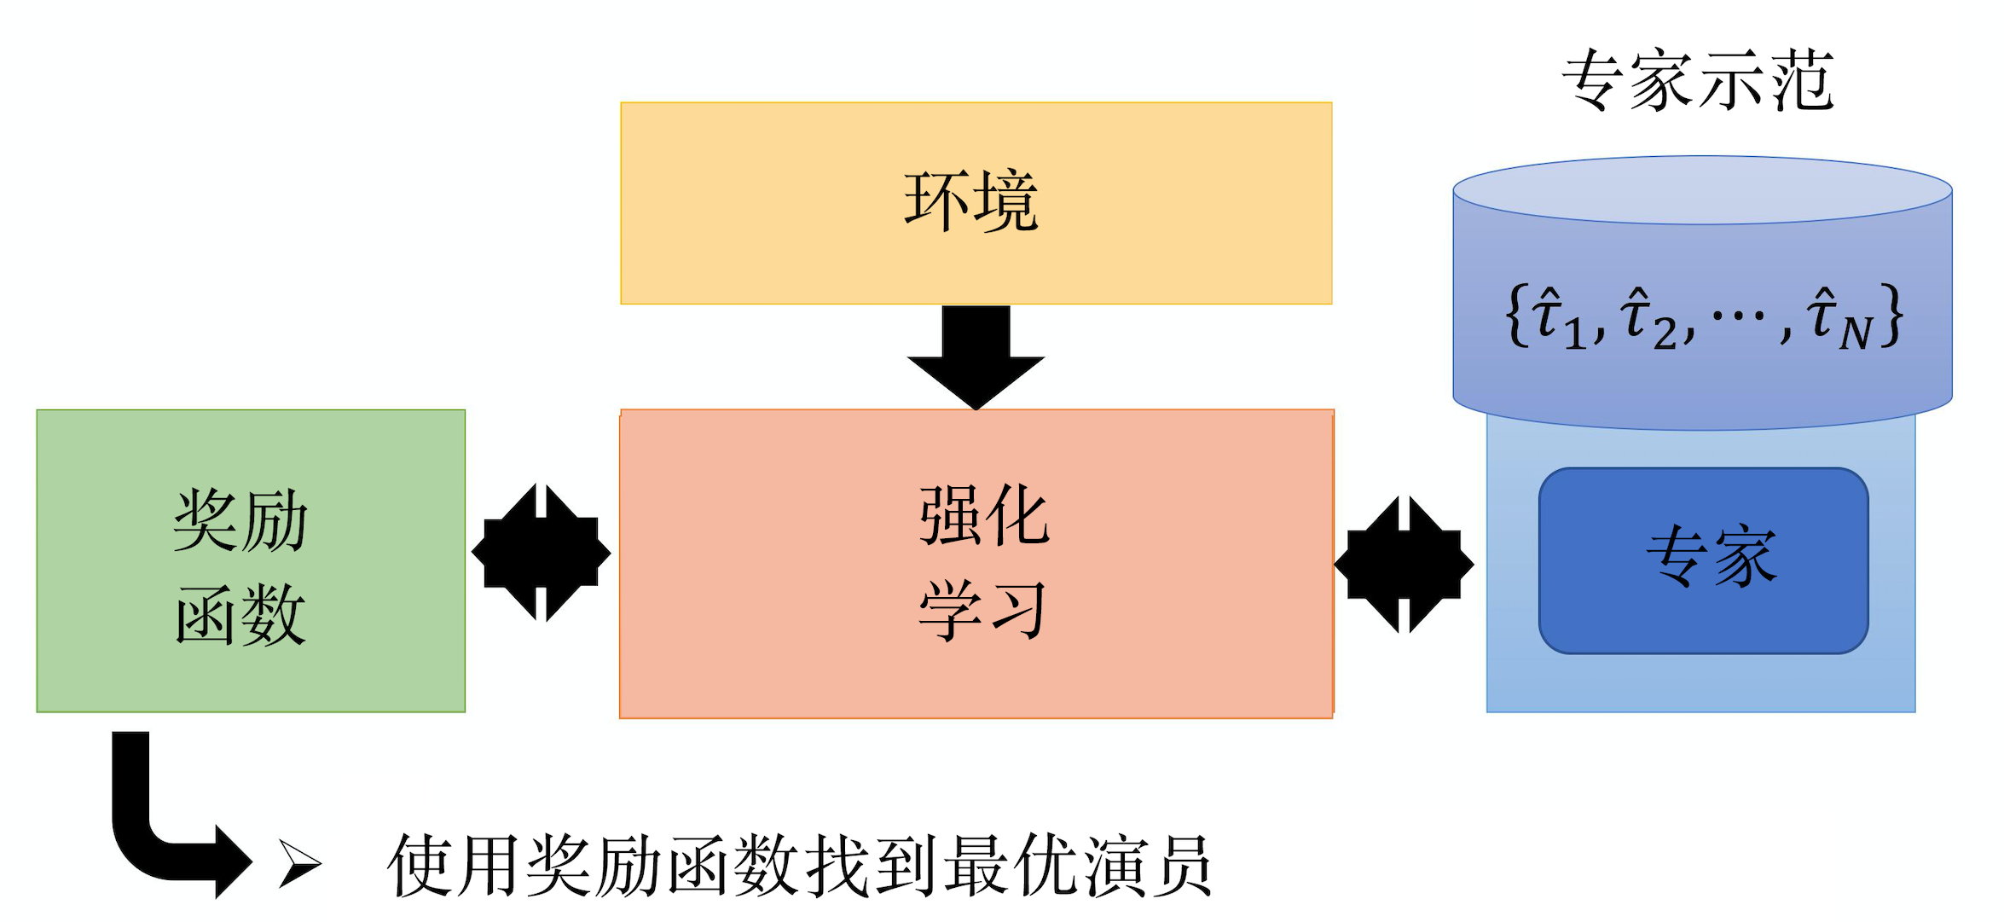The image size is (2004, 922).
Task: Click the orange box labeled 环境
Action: pyautogui.click(x=976, y=203)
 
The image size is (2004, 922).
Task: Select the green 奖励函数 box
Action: pyautogui.click(x=250, y=560)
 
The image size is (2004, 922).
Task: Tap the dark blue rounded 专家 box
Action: pyautogui.click(x=1703, y=560)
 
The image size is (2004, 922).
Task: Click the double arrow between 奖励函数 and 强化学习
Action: pyautogui.click(x=542, y=553)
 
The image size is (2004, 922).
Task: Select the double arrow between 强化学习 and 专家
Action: pyautogui.click(x=1404, y=564)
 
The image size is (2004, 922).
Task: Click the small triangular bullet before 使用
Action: pyautogui.click(x=299, y=864)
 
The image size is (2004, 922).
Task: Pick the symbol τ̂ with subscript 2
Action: pyautogui.click(x=1647, y=318)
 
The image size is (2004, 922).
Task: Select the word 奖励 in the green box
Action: pyautogui.click(x=240, y=520)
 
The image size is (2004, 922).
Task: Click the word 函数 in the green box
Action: pyautogui.click(x=240, y=614)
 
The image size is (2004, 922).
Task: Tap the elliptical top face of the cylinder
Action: pyautogui.click(x=1702, y=190)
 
